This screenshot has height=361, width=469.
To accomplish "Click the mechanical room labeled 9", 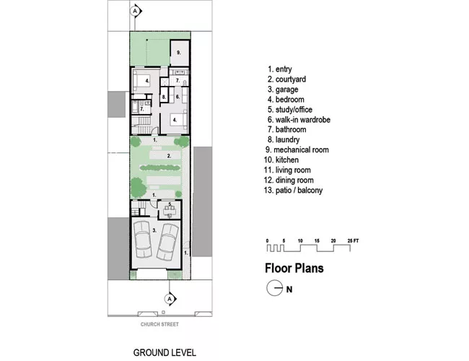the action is pyautogui.click(x=180, y=53).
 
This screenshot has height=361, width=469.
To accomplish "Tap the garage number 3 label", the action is pyautogui.click(x=154, y=230).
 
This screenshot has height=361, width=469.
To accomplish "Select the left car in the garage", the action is pyautogui.click(x=143, y=240).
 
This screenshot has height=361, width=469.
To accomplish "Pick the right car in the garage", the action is pyautogui.click(x=167, y=242).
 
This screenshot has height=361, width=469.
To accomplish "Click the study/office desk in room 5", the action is pyautogui.click(x=170, y=212).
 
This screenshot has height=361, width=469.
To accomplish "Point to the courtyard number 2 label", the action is pyautogui.click(x=169, y=156).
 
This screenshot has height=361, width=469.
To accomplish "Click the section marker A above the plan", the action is pyautogui.click(x=136, y=11).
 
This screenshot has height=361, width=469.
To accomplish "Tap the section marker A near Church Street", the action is pyautogui.click(x=170, y=299).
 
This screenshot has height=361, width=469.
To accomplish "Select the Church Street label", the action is pyautogui.click(x=159, y=324).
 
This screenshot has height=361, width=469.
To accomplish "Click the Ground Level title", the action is pyautogui.click(x=165, y=352).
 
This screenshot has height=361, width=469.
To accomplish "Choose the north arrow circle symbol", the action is pyautogui.click(x=275, y=288).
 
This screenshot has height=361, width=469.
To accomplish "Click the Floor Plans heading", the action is pyautogui.click(x=294, y=268).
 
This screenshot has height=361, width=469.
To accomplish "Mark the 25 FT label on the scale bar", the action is pyautogui.click(x=353, y=240).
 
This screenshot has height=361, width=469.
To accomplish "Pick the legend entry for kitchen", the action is pyautogui.click(x=281, y=160).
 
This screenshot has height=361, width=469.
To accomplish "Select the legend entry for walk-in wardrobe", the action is pyautogui.click(x=299, y=120).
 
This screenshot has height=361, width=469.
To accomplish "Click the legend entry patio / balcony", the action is pyautogui.click(x=294, y=191).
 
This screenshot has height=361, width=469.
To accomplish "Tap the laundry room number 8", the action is pyautogui.click(x=164, y=97).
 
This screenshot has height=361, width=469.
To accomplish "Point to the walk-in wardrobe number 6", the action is pyautogui.click(x=177, y=97).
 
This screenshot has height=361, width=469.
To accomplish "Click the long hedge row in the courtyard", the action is pyautogui.click(x=160, y=168).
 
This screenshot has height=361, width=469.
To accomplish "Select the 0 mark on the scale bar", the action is pyautogui.click(x=267, y=240).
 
